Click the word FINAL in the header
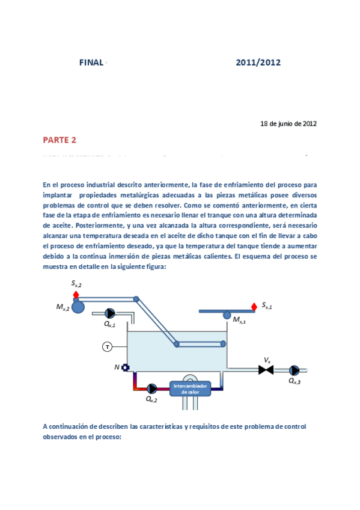(x=91, y=63)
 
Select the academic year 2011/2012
(x=258, y=63)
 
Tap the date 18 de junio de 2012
(x=288, y=124)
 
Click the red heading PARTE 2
(x=59, y=140)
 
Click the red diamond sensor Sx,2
(x=76, y=295)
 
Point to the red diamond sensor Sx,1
(x=254, y=307)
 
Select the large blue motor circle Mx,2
(x=78, y=307)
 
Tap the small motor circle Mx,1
(x=227, y=315)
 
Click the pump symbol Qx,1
(x=111, y=313)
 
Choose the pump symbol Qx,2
(x=152, y=389)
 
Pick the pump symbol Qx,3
(x=294, y=370)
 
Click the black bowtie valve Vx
(x=266, y=370)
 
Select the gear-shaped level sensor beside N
(x=125, y=367)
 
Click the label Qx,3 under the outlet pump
(x=294, y=381)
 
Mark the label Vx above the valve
(x=267, y=360)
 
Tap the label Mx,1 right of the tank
(x=240, y=321)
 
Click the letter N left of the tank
(x=117, y=367)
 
